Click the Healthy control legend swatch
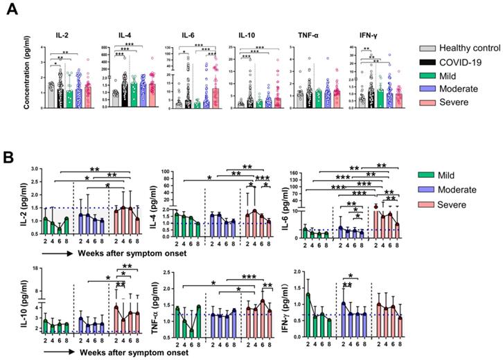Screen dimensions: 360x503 [x=431, y=48]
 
